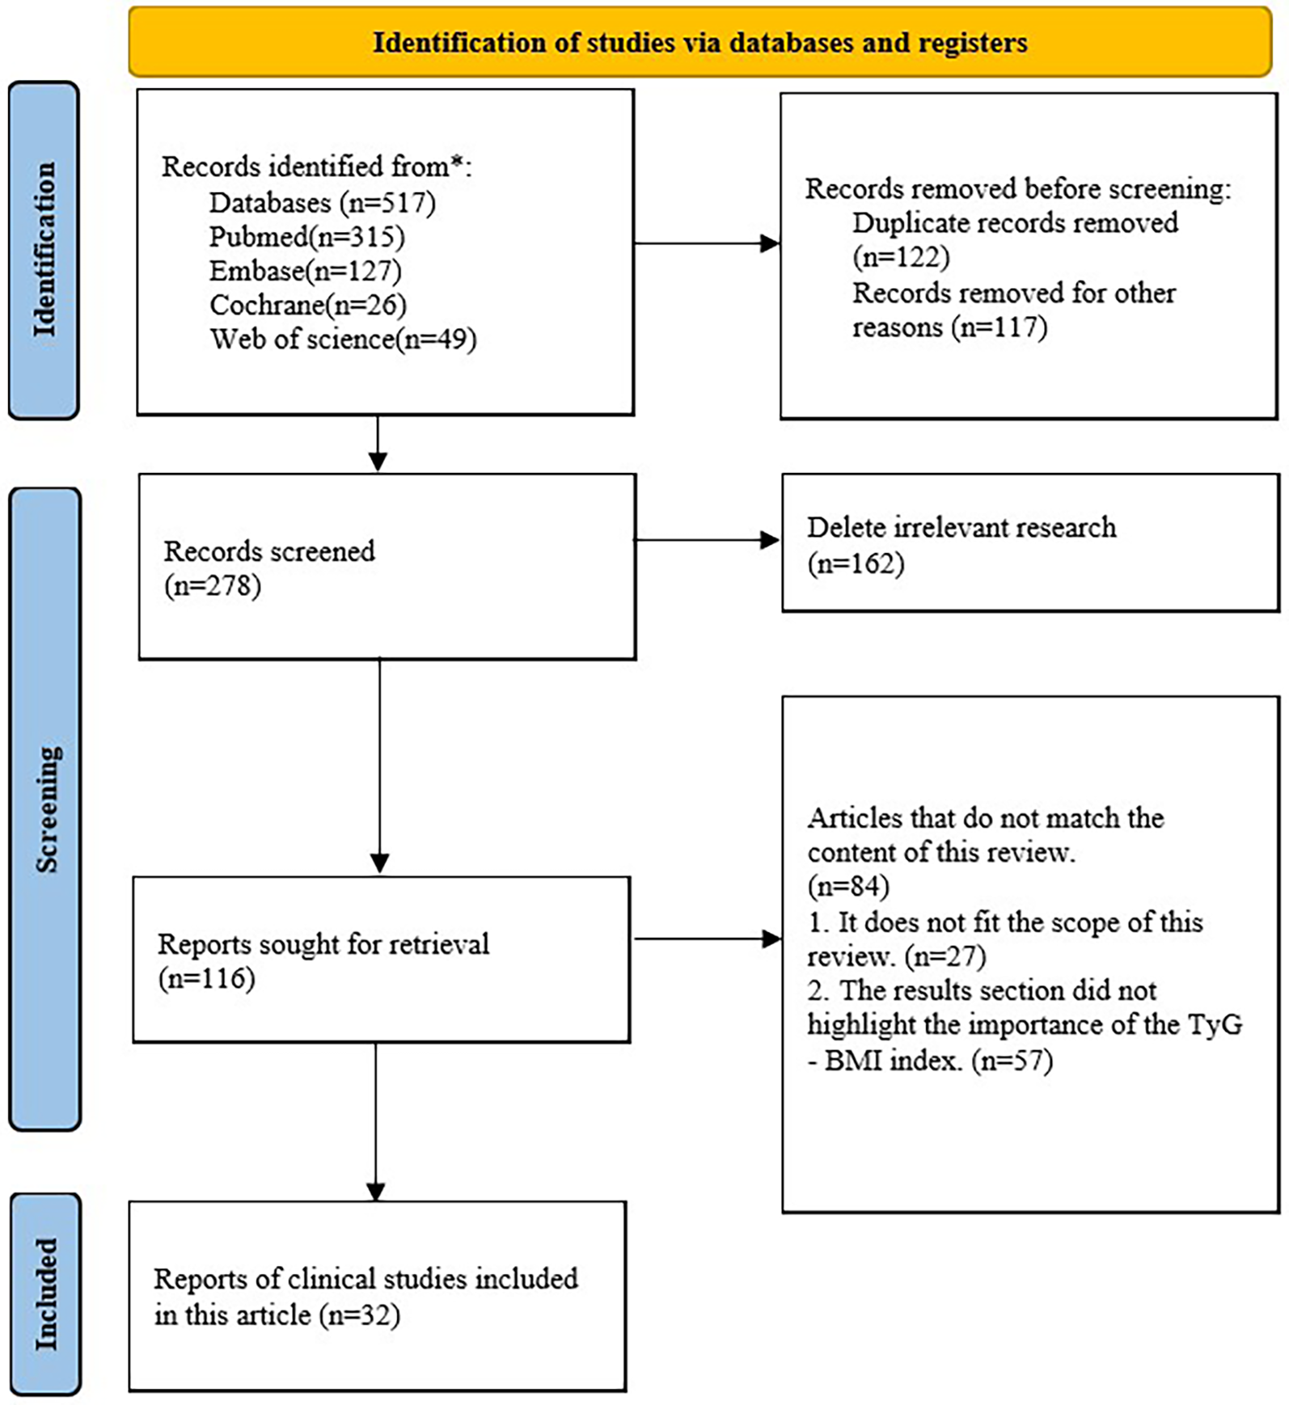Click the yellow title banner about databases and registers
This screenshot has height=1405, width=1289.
[700, 42]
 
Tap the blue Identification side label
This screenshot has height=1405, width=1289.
[44, 250]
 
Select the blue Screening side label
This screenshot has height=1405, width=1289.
[45, 808]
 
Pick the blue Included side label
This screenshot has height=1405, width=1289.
[45, 1293]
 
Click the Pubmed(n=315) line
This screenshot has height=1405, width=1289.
[306, 237]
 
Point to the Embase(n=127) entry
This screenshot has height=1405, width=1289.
[305, 271]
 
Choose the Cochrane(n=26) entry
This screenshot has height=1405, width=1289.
[307, 305]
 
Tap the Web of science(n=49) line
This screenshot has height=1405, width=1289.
[343, 339]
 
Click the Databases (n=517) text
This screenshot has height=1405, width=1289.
[322, 202]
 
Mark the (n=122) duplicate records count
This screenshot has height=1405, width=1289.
[901, 257]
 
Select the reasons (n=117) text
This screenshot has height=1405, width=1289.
[949, 327]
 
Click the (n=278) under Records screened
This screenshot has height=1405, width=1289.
[213, 585]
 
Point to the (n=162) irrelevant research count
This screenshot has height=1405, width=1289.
[856, 563]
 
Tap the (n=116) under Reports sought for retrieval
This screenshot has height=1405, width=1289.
[206, 978]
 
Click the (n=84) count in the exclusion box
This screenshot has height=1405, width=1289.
[848, 887]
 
